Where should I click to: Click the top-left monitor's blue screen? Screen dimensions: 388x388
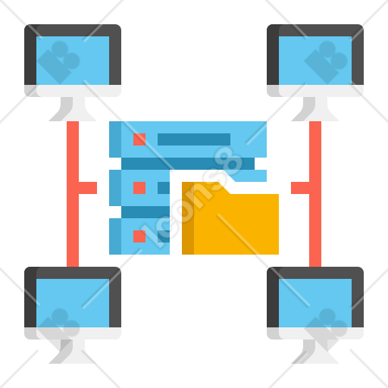[x=73, y=61]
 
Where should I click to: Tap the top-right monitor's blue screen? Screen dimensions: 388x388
[x=315, y=61]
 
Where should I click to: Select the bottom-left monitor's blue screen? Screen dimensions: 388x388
[x=73, y=303]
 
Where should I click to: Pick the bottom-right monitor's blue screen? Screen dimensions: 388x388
[x=315, y=303]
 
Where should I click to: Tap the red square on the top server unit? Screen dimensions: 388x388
[x=139, y=139]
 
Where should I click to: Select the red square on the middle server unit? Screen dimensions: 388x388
[x=139, y=188]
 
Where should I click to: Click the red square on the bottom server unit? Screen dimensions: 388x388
[x=139, y=236]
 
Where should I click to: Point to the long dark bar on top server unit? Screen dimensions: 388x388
[x=194, y=139]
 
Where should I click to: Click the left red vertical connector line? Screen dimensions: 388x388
[x=73, y=194]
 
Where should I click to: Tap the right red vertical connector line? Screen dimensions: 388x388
[x=315, y=194]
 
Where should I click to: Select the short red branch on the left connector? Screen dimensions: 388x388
[x=88, y=188]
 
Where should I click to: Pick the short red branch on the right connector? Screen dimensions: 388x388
[x=300, y=188]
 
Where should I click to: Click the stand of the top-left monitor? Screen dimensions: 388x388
[x=73, y=109]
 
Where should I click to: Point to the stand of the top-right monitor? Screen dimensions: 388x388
[x=315, y=109]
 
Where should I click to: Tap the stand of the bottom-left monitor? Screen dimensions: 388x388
[x=73, y=352]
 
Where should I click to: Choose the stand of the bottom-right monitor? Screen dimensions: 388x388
[x=315, y=352]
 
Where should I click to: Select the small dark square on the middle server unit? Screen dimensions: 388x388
[x=164, y=188]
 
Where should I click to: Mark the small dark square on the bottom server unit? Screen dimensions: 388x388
[x=164, y=236]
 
